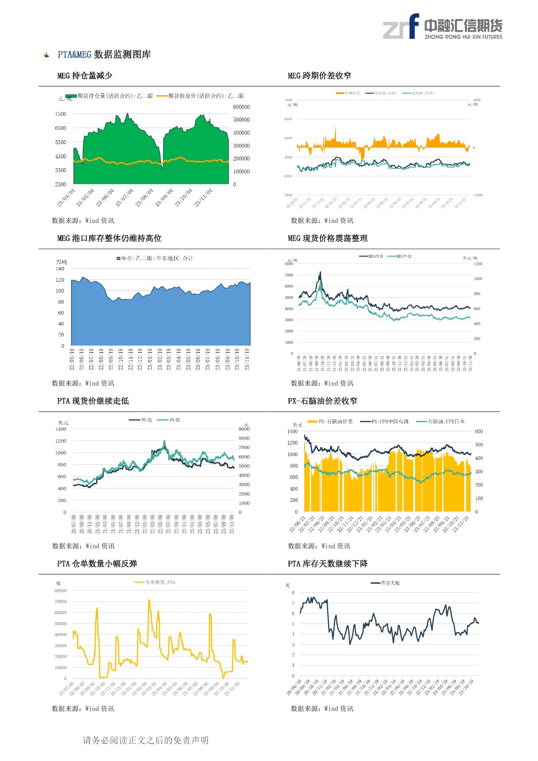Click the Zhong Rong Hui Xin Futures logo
[442, 27]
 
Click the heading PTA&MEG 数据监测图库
[104, 55]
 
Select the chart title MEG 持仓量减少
[85, 76]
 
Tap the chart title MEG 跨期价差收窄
[319, 76]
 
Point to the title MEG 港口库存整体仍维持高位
[109, 238]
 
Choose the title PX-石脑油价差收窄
[322, 401]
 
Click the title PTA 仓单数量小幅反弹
[97, 564]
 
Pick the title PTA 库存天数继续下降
[327, 564]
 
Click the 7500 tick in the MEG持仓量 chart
[61, 114]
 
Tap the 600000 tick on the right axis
[241, 107]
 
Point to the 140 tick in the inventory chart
[60, 269]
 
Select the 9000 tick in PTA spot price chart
[244, 429]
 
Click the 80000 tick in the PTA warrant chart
[61, 591]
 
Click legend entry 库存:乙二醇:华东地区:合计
[156, 258]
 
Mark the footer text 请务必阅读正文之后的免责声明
[146, 740]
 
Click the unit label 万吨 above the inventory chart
[61, 262]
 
